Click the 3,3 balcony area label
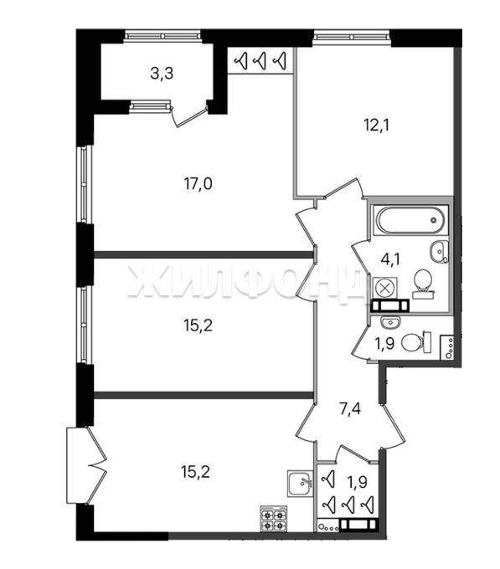tap(162, 74)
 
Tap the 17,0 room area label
tap(198, 184)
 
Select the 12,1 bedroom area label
tap(377, 126)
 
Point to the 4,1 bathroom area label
tap(391, 259)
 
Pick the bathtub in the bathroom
tap(410, 220)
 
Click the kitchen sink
tap(300, 483)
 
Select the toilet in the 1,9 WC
tap(417, 342)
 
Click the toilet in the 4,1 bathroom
tap(423, 284)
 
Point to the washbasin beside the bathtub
tap(440, 251)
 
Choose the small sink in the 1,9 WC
tap(390, 321)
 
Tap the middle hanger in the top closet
tap(260, 60)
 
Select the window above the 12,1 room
tap(351, 36)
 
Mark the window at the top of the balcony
tap(162, 36)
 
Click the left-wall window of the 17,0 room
tap(84, 184)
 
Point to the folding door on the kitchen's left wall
tap(87, 465)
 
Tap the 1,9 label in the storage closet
tap(358, 482)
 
